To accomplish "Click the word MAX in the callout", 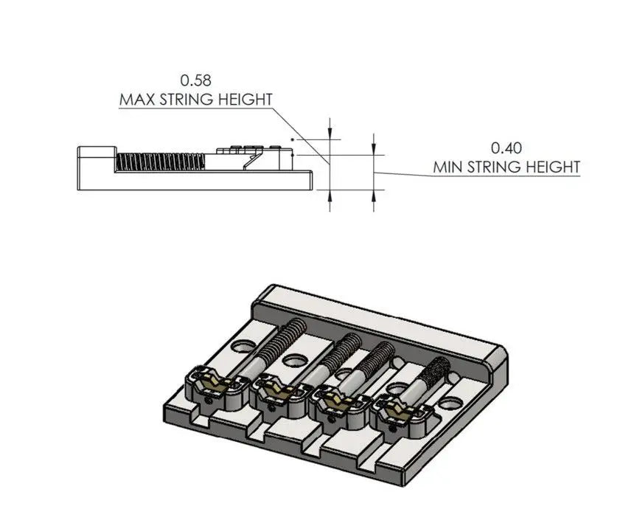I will point(138,100).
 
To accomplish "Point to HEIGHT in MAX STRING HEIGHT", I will point(240,100).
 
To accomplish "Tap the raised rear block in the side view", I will point(95,156).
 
